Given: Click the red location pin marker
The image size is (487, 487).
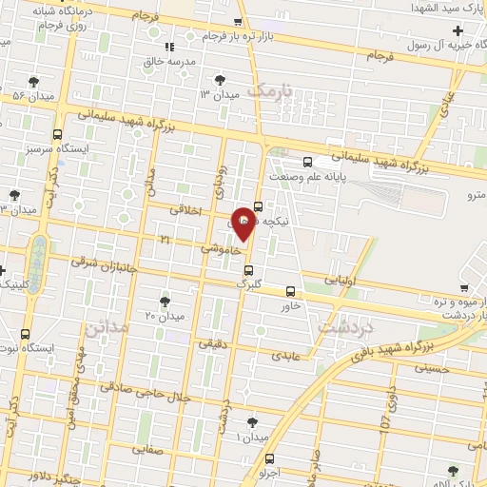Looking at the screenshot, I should [x=243, y=223].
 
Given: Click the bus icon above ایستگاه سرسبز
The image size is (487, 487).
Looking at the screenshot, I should [x=57, y=134].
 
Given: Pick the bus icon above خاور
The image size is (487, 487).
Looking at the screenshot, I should [x=289, y=292].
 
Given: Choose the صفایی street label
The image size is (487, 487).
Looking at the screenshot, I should [x=147, y=447].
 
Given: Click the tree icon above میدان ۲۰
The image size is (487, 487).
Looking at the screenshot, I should [x=166, y=302].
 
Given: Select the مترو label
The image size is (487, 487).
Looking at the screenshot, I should [x=473, y=194].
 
